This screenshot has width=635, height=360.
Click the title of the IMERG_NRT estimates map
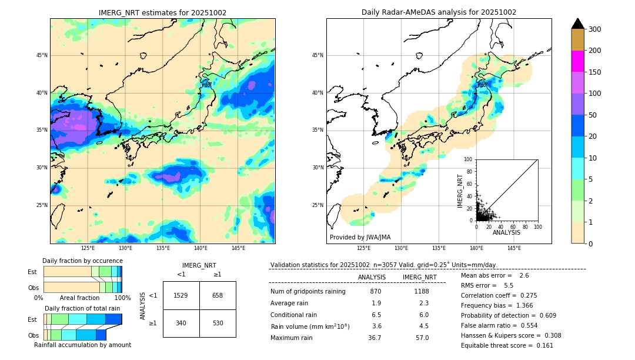pos(162,12)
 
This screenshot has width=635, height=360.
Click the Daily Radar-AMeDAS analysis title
pos(439,12)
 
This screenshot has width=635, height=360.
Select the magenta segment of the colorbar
pos(578,61)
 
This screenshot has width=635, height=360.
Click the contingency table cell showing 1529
pos(181,295)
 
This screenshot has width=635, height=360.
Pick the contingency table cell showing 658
pos(218,295)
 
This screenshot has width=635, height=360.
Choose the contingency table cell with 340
pos(181,323)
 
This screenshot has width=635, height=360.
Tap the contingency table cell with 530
pos(218,323)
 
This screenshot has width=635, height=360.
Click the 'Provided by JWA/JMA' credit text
pos(360,238)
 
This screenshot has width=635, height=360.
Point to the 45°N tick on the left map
pos(42,55)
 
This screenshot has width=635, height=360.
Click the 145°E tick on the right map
pos(514,248)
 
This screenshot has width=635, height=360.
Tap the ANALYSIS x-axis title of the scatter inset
pos(507,232)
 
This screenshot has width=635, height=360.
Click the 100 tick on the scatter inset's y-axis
pos(468,159)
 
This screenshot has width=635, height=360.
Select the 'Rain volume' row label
pos(310,326)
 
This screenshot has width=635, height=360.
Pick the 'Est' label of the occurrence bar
pos(32,272)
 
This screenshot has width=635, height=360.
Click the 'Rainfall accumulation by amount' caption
pos(82,345)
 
